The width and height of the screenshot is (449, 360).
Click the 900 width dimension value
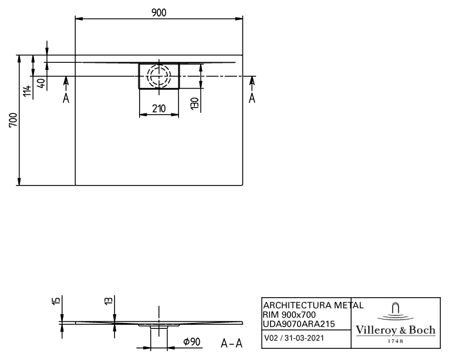[159, 12]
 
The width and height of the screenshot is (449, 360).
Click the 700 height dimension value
[13, 120]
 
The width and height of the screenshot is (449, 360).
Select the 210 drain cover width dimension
[159, 109]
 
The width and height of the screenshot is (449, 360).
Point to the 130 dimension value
[194, 103]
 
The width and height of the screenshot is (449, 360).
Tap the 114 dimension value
[28, 91]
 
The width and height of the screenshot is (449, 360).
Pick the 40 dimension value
[42, 83]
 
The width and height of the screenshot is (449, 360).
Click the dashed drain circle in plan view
[159, 76]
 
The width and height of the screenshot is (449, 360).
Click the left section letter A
[66, 98]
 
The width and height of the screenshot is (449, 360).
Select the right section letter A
[252, 98]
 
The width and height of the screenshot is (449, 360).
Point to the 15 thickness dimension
[56, 301]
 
